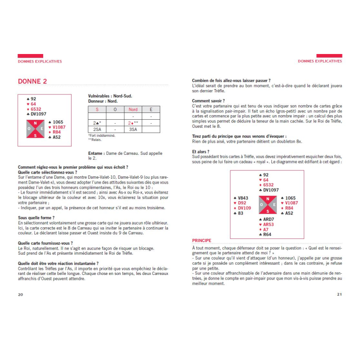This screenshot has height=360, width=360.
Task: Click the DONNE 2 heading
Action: click(32, 81)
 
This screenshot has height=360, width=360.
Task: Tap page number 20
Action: click(20, 294)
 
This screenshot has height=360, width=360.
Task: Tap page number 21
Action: click(339, 294)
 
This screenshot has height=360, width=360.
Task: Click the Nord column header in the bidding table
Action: click(133, 109)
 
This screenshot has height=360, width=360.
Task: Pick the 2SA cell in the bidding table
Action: click(97, 130)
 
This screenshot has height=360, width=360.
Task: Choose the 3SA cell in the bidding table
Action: click(133, 130)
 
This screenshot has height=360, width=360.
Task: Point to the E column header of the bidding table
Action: click(151, 109)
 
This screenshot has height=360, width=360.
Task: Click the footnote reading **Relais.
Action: click(95, 139)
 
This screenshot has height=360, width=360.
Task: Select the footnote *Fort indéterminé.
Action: click(102, 135)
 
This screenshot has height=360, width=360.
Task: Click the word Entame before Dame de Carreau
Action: click(96, 153)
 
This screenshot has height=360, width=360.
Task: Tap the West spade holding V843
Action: click(242, 198)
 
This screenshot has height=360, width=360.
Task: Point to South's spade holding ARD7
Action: click(268, 219)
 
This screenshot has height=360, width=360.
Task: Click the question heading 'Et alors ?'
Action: click(201, 152)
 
